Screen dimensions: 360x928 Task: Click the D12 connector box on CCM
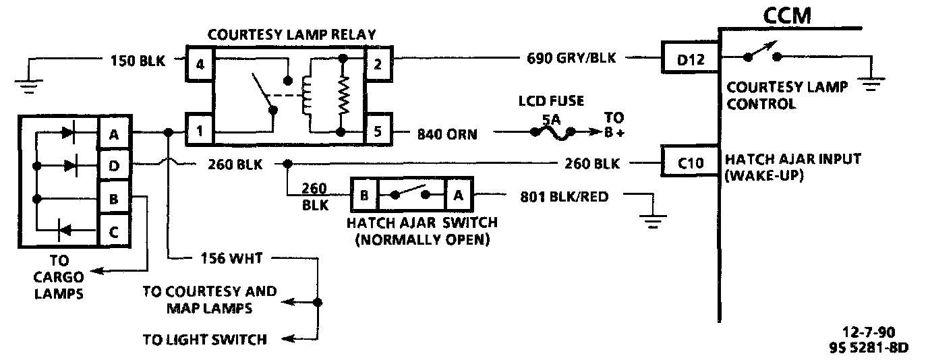pyautogui.click(x=690, y=59)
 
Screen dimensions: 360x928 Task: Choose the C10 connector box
pyautogui.click(x=690, y=162)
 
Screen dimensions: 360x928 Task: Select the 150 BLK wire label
pyautogui.click(x=137, y=61)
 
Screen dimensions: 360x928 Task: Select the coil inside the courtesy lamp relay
pyautogui.click(x=308, y=95)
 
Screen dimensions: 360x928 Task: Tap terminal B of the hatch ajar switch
pyautogui.click(x=364, y=196)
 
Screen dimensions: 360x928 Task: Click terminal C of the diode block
pyautogui.click(x=114, y=233)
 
